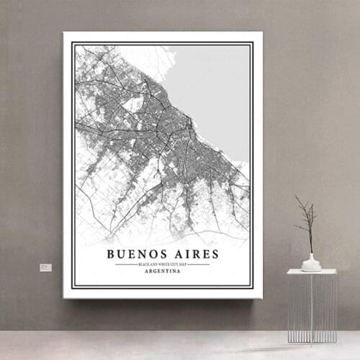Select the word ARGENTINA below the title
pos(163,271)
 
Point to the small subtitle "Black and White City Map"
pos(163,264)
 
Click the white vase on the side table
pos(311,263)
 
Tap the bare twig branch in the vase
pos(307,220)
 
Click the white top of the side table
pos(311,271)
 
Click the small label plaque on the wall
pos(45,267)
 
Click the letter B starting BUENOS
pos(111,254)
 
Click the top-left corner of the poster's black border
pos(73,43)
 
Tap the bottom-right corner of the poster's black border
pos(252,287)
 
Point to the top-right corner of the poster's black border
pos(252,43)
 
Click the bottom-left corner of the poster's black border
pos(73,287)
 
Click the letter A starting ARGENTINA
pos(146,271)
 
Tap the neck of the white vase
pos(311,254)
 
